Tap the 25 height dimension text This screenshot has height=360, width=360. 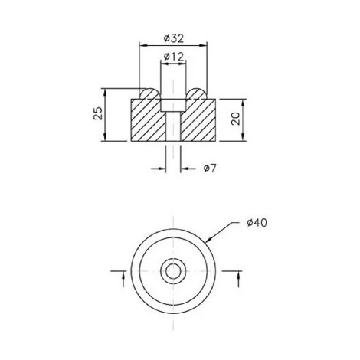[97, 115]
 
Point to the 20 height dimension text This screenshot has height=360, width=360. [236, 119]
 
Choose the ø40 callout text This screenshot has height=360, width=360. [257, 223]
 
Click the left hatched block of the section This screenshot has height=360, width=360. [146, 121]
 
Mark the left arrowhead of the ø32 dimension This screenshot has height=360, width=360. [141, 46]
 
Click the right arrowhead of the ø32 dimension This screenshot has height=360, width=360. [206, 46]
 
